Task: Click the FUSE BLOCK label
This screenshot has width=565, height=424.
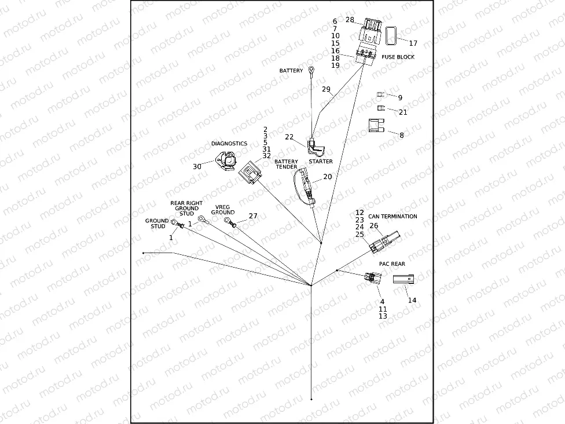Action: (x=398, y=57)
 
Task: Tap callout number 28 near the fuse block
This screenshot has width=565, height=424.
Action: (x=350, y=20)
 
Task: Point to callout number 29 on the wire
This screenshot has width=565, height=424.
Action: (x=326, y=89)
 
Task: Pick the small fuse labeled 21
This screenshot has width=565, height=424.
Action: (x=380, y=108)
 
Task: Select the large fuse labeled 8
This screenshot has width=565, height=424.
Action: (x=377, y=126)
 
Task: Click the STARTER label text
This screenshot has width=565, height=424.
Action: (x=320, y=162)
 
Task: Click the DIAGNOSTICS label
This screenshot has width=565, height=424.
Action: (x=229, y=144)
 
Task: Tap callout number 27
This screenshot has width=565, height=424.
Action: (x=253, y=215)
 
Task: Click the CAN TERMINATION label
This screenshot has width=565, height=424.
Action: (x=392, y=217)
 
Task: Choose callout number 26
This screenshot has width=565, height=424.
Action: (x=374, y=226)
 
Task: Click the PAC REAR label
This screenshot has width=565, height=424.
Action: (x=392, y=264)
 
